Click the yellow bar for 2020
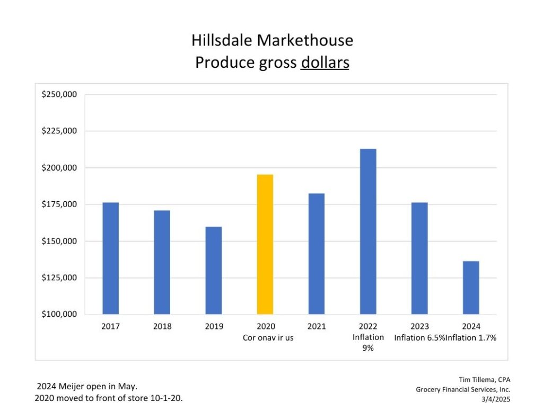[x=265, y=244]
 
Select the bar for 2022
[x=368, y=231]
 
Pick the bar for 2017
[x=111, y=258]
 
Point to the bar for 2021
[x=317, y=254]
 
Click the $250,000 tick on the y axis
[x=59, y=94]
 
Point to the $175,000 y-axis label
[x=59, y=204]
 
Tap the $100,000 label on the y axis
[x=59, y=314]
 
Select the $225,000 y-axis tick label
[x=59, y=131]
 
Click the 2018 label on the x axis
[x=162, y=326]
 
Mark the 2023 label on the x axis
[x=419, y=326]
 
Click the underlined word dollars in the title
[x=325, y=63]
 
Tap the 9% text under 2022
[x=368, y=348]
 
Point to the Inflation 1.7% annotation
[x=471, y=337]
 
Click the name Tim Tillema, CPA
[x=484, y=379]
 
